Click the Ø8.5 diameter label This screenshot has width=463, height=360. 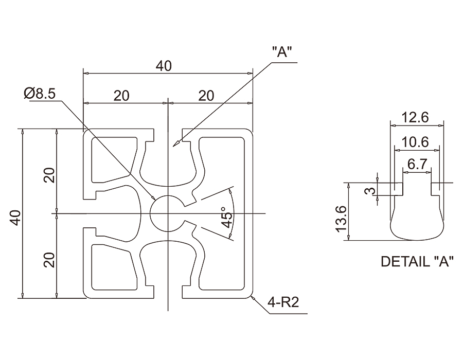coord(42,93)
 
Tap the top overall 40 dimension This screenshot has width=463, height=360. coord(164,66)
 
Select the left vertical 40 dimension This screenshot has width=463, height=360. coord(16,217)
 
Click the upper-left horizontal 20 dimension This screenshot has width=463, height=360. coord(122,95)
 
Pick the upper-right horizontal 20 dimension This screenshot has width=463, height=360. coord(206,95)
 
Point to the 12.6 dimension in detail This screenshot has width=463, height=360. coord(415,117)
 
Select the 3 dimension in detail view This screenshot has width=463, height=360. coord(367,191)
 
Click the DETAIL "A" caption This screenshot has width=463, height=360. coord(417,261)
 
